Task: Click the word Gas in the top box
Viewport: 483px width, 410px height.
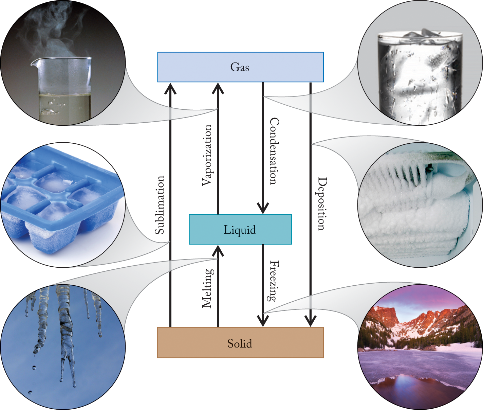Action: [x=240, y=67]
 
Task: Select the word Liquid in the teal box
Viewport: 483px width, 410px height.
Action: [x=240, y=230]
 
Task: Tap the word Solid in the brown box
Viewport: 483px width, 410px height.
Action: [x=240, y=343]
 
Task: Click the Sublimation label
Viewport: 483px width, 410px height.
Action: [x=160, y=205]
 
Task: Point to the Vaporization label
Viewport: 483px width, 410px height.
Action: [x=207, y=155]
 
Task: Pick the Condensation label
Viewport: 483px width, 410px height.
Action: [x=274, y=151]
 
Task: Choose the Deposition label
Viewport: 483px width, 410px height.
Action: [x=322, y=204]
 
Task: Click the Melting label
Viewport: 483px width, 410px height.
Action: [x=207, y=288]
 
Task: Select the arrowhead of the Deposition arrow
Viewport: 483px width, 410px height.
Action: [x=310, y=321]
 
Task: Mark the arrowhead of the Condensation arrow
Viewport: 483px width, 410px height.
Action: [x=263, y=208]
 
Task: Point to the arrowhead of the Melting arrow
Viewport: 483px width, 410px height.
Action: [x=218, y=251]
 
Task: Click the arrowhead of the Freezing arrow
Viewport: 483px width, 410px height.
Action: [x=263, y=321]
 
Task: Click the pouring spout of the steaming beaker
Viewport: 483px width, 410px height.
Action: [x=34, y=63]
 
